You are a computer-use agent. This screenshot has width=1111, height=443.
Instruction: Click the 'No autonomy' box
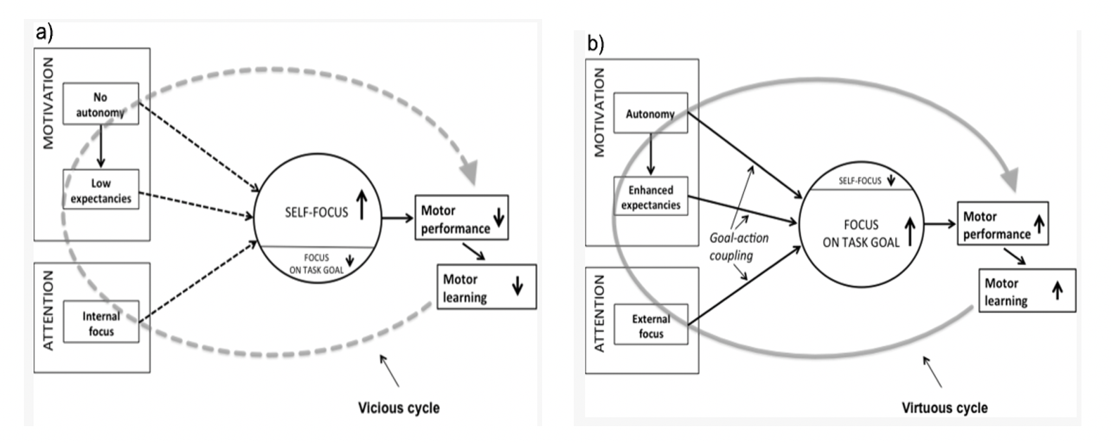coord(101,104)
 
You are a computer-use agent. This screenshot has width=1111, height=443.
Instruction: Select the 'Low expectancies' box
coord(101,190)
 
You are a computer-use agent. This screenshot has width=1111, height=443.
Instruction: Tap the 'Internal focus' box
coord(101,323)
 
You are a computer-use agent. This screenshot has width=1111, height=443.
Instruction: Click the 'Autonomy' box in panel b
coord(650,113)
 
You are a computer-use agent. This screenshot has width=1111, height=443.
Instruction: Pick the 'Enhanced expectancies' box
coord(650,197)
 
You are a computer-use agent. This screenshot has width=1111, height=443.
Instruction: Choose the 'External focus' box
coord(650,326)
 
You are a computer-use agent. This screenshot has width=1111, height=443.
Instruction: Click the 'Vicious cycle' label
coord(399,408)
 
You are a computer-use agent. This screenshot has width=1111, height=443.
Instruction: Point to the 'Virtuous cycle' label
coord(944,408)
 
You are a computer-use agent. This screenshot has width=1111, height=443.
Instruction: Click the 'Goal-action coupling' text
coord(738,246)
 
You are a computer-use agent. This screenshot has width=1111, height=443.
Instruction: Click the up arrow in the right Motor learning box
coord(1057,290)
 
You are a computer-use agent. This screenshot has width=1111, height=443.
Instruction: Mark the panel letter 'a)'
coord(44,32)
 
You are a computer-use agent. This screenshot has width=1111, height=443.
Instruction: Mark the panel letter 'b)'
coord(596,44)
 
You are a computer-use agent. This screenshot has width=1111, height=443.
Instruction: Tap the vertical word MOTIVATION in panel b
coord(599,113)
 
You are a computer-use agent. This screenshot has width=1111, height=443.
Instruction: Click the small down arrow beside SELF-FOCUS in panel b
coord(891,181)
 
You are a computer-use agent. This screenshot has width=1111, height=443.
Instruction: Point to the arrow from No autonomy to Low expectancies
coord(101,146)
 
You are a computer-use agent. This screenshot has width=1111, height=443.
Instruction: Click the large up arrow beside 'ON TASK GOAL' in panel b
coord(909,232)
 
